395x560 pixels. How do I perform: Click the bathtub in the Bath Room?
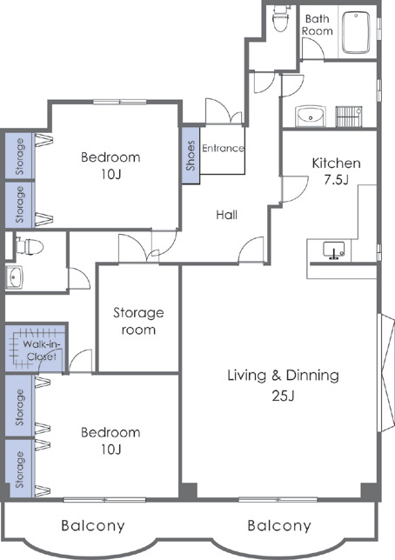tap(356, 32)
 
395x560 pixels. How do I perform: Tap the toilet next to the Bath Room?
tap(281, 18)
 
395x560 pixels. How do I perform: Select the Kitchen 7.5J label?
tap(336, 171)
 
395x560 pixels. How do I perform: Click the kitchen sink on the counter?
tap(334, 250)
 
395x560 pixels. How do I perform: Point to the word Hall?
tap(226, 215)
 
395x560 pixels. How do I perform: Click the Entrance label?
tap(223, 148)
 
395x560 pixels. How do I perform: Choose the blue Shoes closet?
tap(191, 156)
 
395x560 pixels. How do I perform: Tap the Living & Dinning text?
tap(283, 376)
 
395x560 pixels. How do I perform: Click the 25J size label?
tap(283, 396)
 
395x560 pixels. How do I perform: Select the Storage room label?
tap(138, 321)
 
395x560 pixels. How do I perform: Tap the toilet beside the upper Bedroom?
tap(30, 246)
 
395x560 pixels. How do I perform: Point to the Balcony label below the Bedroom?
tap(93, 526)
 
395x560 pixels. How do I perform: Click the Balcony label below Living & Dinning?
tap(279, 526)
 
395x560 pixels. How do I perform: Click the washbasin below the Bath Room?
tap(311, 116)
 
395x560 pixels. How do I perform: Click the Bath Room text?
tap(317, 24)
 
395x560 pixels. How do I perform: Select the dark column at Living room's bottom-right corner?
tap(368, 490)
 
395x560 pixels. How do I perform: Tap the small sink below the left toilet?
tap(14, 277)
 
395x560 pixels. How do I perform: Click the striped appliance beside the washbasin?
tap(349, 117)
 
